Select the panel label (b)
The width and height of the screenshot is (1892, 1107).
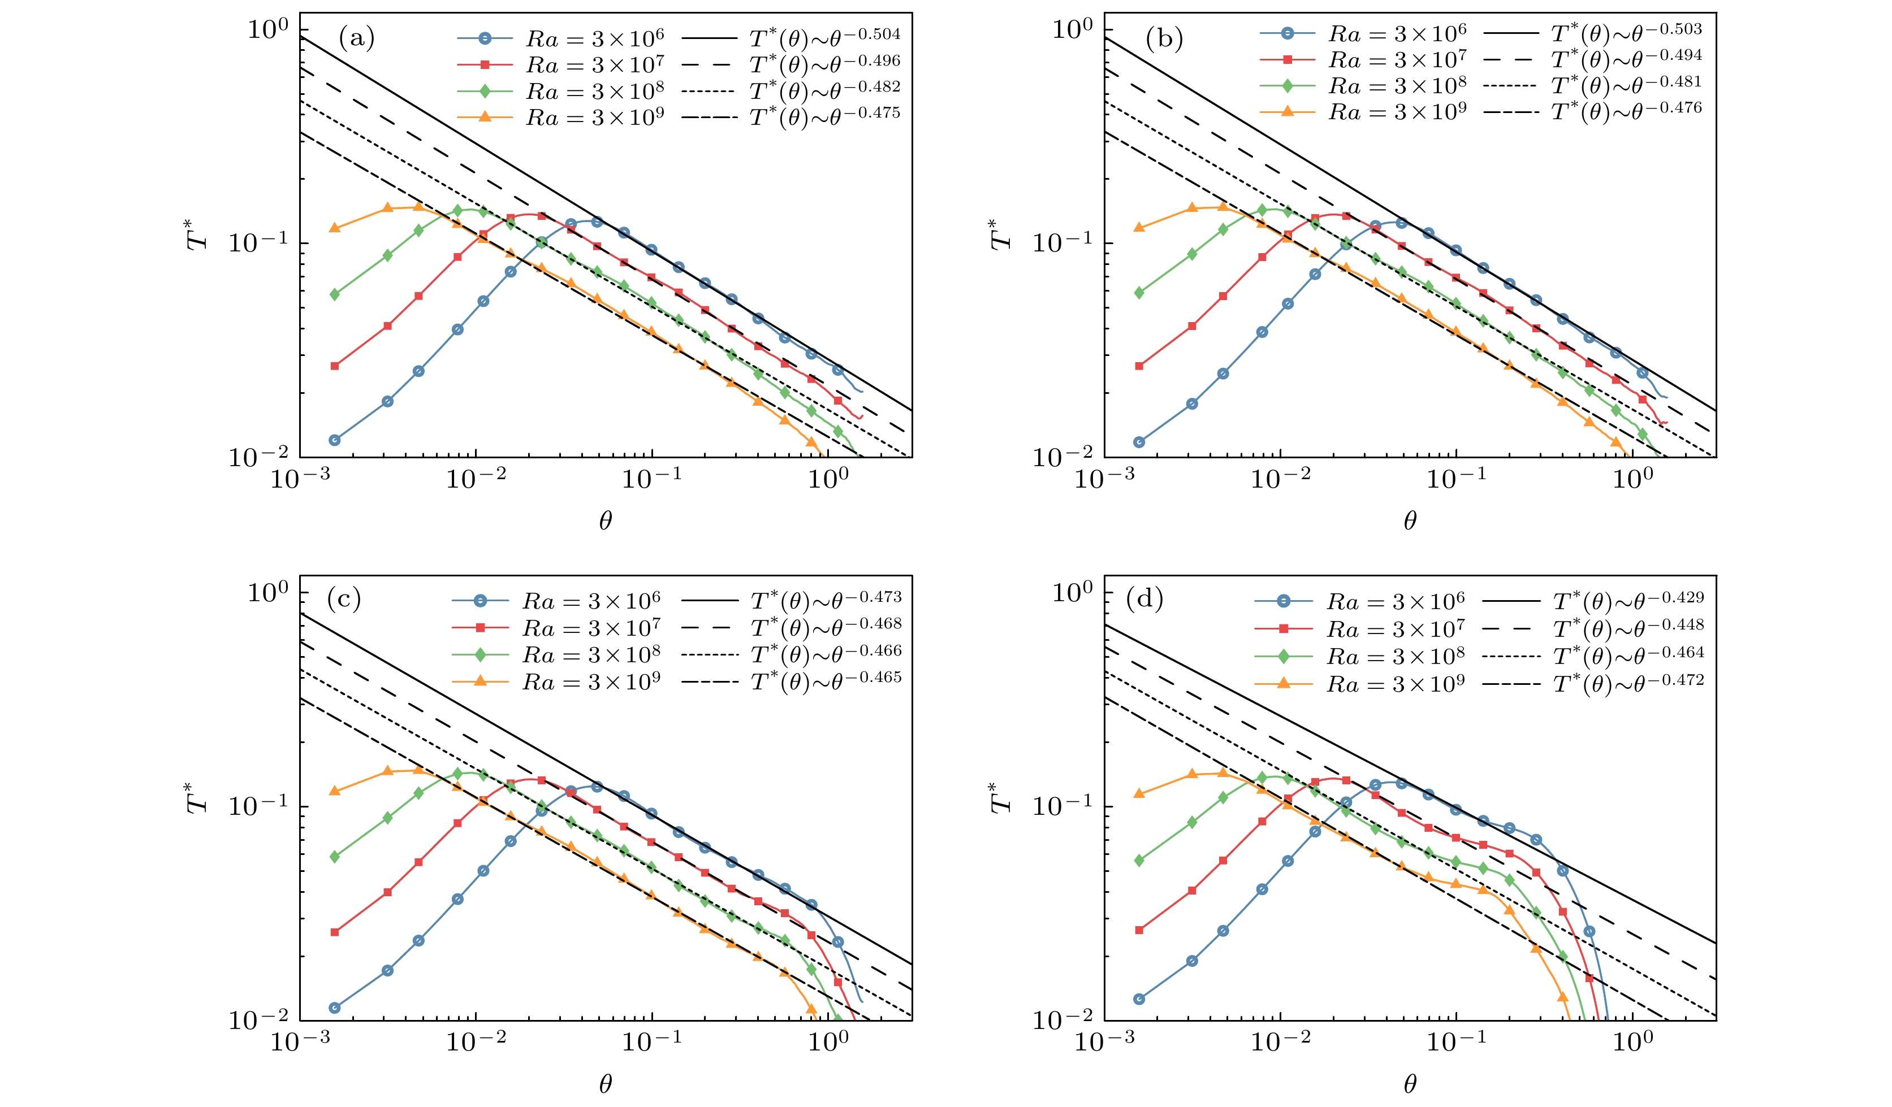pos(1164,37)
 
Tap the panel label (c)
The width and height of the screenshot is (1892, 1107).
pos(344,599)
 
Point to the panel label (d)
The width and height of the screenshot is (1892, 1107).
pos(1145,599)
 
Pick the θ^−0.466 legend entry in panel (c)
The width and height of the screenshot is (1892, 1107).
pos(826,654)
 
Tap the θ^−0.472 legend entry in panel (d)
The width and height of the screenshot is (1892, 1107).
pos(1628,683)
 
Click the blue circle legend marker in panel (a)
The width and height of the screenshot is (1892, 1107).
pos(485,37)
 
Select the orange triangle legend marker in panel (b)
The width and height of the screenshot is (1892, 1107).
pos(1288,111)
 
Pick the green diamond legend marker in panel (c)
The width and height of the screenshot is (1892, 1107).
pos(481,654)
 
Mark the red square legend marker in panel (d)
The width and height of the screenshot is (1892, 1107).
pos(1284,628)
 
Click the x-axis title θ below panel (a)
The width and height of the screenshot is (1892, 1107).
pos(605,521)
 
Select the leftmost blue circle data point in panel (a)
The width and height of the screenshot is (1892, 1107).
pos(335,440)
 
